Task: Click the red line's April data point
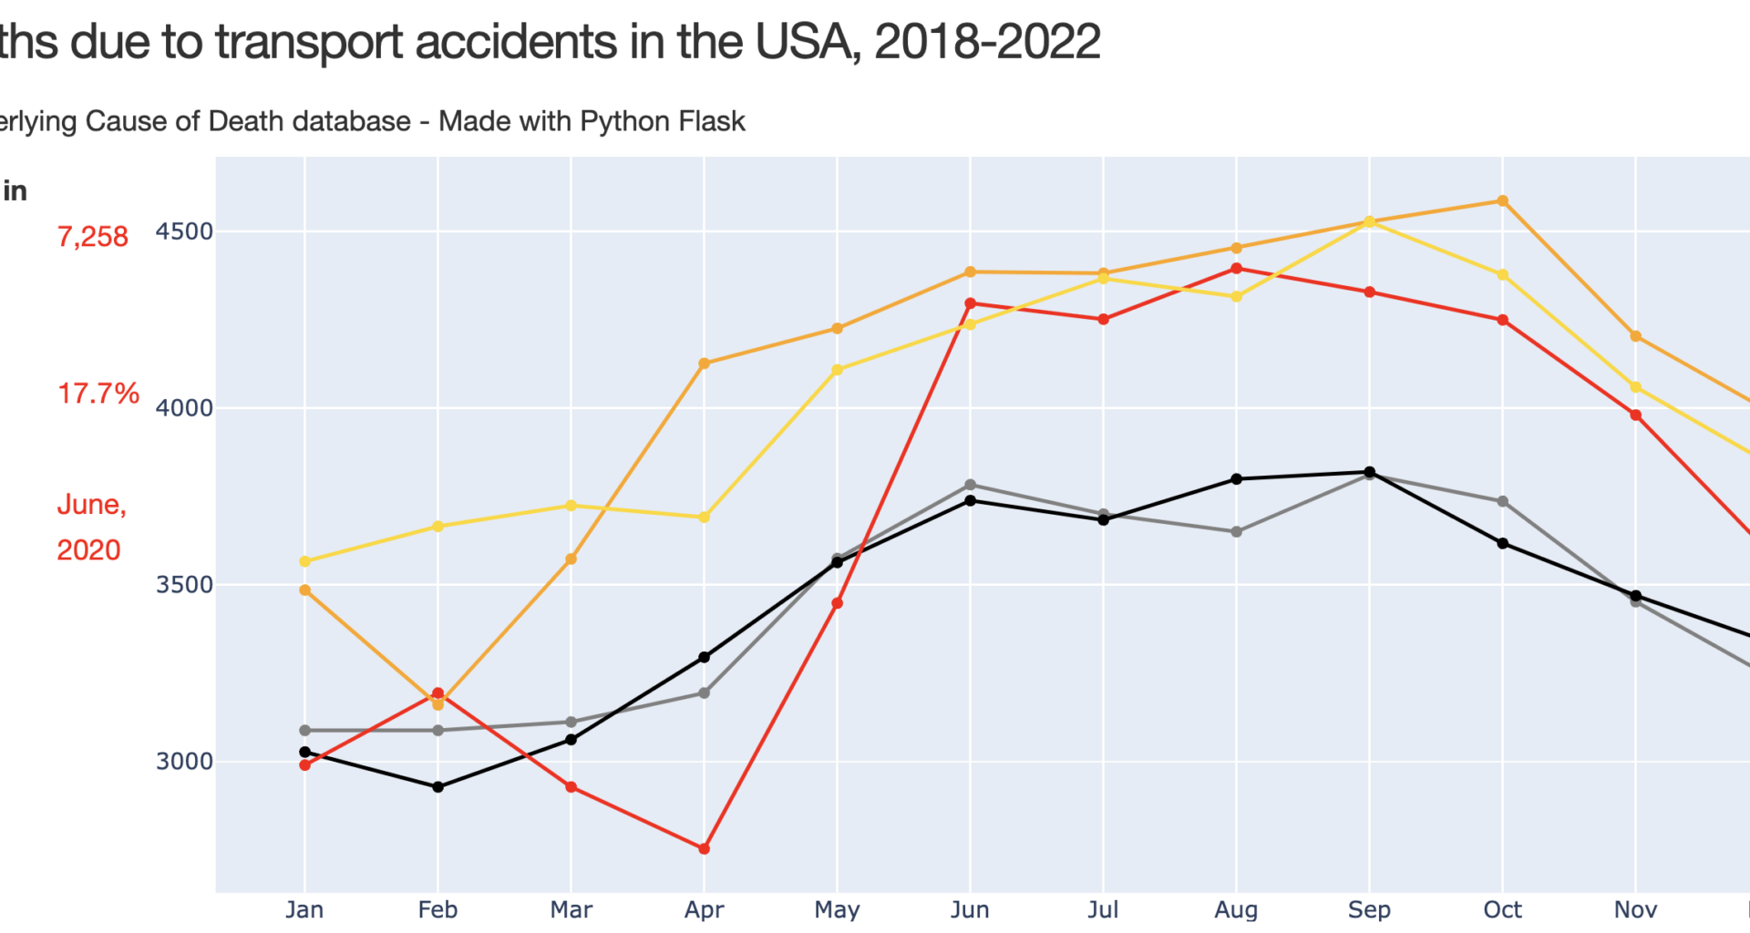(704, 848)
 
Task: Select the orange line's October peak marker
(1502, 200)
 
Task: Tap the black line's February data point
(437, 786)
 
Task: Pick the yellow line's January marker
(304, 561)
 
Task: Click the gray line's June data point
(970, 485)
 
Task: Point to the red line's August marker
(1236, 268)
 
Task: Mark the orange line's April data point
(704, 364)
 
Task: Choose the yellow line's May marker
(837, 370)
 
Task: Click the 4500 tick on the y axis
(184, 231)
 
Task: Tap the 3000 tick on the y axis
(184, 761)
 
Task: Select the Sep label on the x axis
(1369, 909)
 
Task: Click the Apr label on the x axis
(704, 909)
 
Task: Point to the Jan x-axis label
(304, 909)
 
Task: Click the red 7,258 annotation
(93, 237)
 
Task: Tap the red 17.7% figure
(98, 394)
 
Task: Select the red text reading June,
(91, 504)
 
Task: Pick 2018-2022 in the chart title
(987, 42)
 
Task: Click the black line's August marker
(1236, 478)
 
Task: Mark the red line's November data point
(1635, 415)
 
